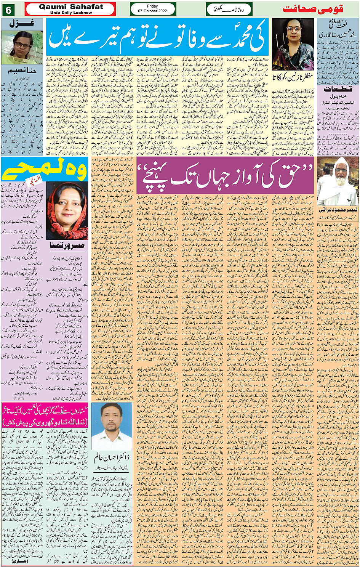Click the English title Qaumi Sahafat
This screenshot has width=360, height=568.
click(71, 7)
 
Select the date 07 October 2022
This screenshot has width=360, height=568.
click(152, 11)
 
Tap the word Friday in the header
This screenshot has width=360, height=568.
click(152, 6)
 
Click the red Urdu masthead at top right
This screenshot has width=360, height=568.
click(313, 9)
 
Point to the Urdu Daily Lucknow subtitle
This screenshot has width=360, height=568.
click(71, 13)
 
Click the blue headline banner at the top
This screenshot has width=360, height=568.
click(157, 37)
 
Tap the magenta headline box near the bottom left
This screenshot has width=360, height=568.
click(45, 415)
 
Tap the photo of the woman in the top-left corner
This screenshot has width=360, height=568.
click(22, 47)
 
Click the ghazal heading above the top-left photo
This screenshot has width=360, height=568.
click(22, 23)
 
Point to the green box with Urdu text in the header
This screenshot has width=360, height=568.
click(229, 9)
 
